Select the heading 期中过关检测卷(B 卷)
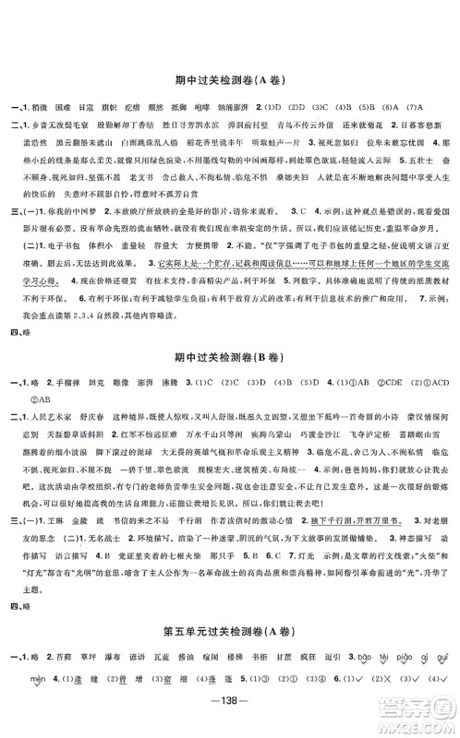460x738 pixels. [x=230, y=331]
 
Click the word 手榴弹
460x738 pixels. [x=75, y=356]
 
